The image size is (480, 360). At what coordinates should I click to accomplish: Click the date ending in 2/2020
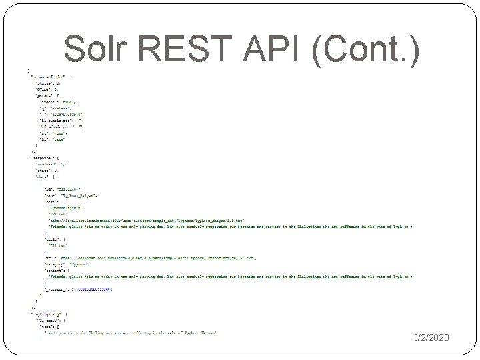(x=432, y=338)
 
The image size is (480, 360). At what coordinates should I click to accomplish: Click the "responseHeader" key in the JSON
(x=50, y=77)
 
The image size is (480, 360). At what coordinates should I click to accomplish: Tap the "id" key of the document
(x=48, y=190)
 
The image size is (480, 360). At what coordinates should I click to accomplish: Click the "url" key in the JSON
(x=48, y=257)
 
